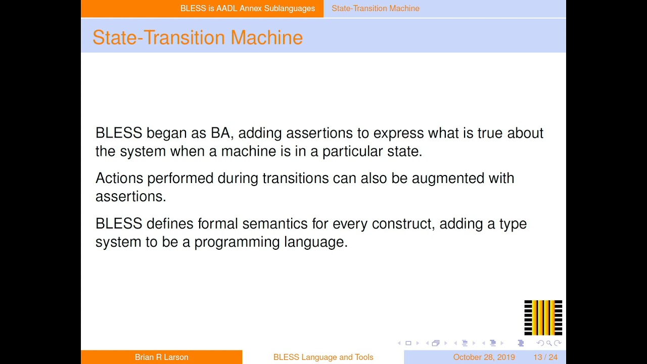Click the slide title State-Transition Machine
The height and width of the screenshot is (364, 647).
tap(197, 37)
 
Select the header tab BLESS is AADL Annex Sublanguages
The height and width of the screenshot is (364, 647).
tap(247, 8)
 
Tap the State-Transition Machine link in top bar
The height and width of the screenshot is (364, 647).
tap(375, 8)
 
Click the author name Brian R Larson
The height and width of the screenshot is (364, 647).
tap(161, 357)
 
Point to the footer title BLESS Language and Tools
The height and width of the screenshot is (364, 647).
tap(323, 357)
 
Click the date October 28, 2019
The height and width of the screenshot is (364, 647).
tap(484, 357)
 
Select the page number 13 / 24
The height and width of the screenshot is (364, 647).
tap(545, 357)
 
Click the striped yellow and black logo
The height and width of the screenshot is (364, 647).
tap(543, 317)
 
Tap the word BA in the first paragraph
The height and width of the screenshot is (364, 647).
tap(221, 133)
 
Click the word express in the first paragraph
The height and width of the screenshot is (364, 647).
tap(398, 133)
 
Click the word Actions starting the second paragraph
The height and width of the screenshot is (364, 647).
tap(119, 178)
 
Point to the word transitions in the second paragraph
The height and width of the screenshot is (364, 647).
tap(295, 178)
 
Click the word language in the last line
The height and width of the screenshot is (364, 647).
tap(315, 242)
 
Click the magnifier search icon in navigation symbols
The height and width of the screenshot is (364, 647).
tap(549, 343)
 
